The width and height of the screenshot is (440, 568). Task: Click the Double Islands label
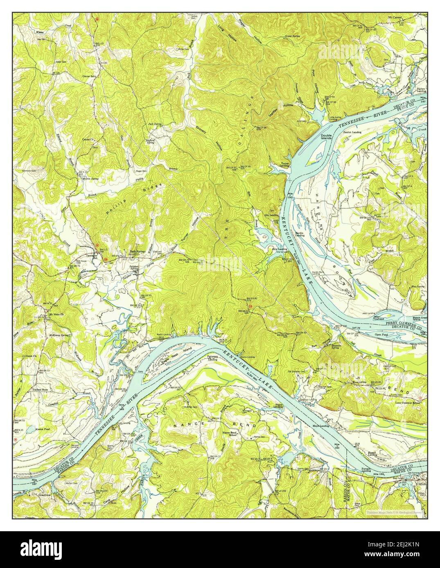pos(326,137)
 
